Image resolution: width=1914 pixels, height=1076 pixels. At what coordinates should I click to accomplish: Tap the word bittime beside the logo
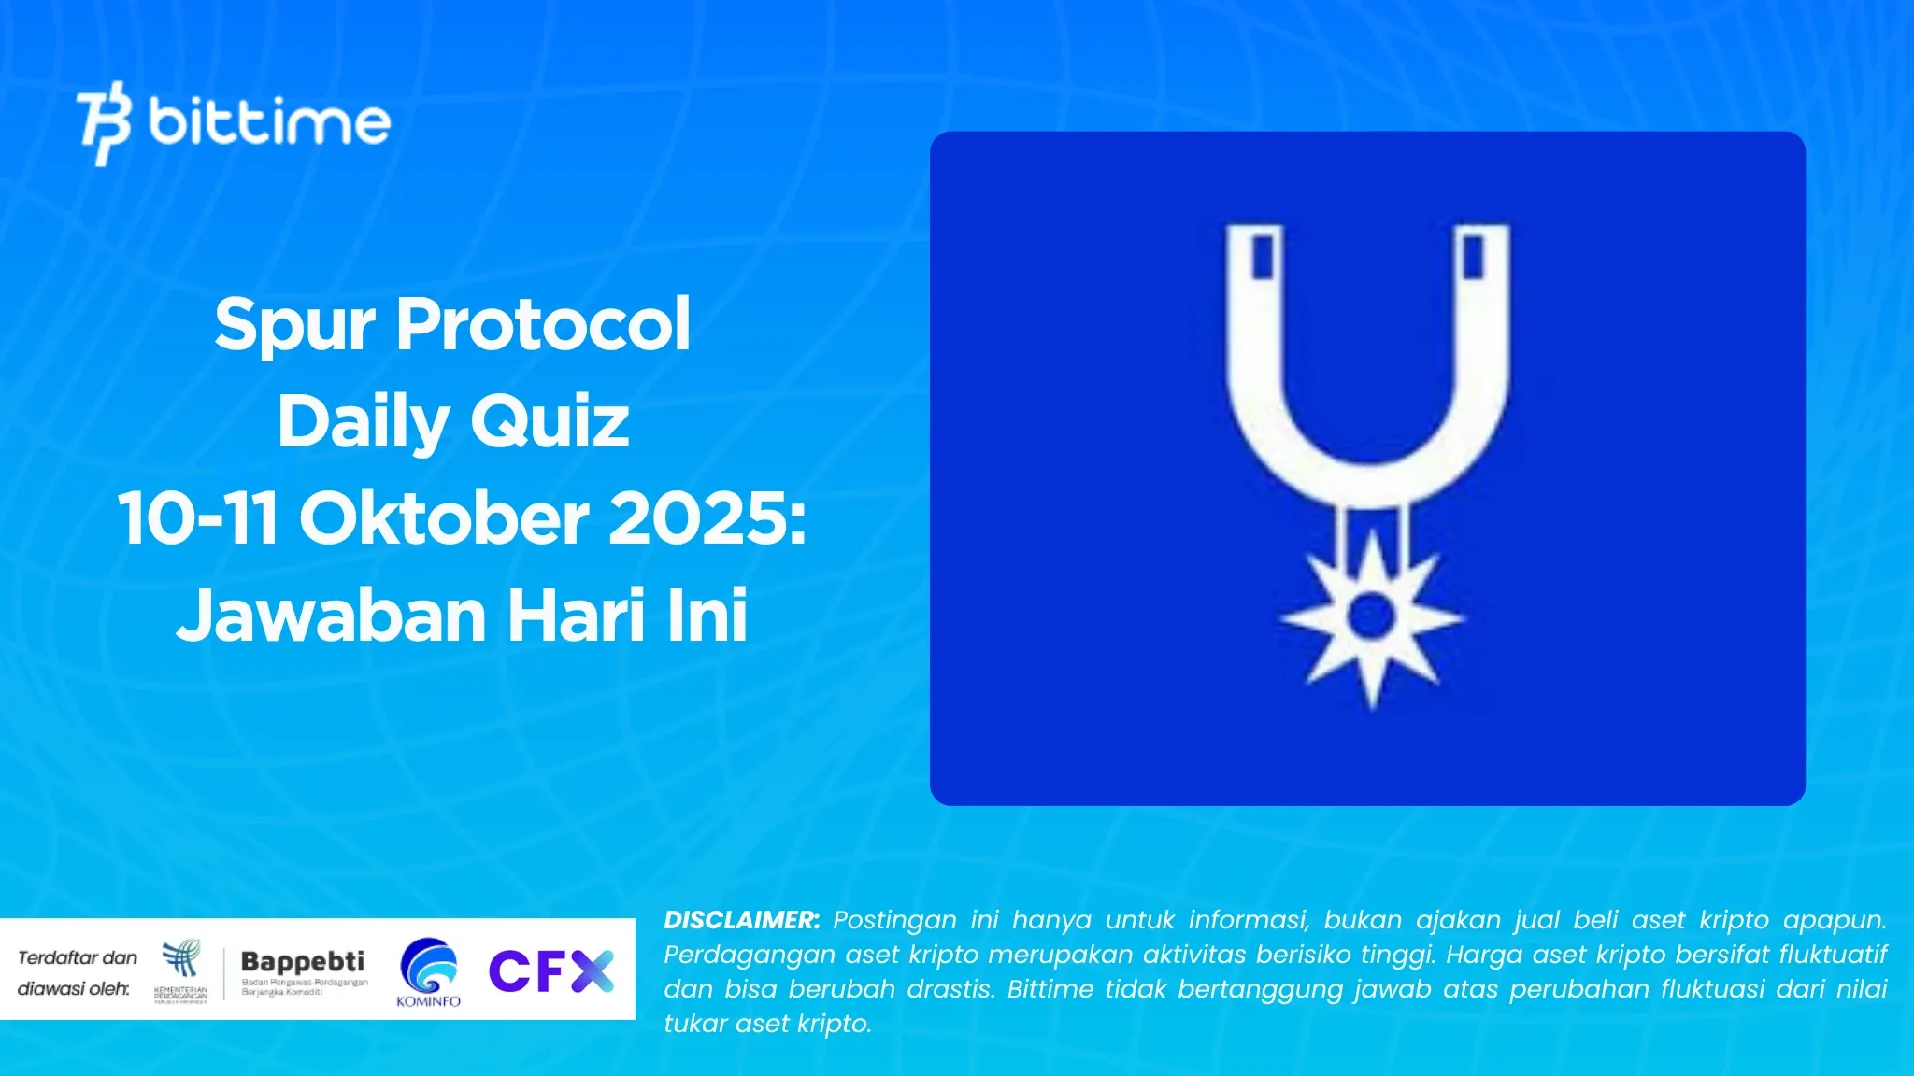click(x=269, y=121)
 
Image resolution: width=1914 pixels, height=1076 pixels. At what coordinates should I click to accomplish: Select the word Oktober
click(x=444, y=518)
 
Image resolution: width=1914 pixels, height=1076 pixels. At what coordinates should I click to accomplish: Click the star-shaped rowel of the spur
click(x=1371, y=617)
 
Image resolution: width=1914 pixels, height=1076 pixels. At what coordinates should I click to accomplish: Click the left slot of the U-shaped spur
click(x=1263, y=256)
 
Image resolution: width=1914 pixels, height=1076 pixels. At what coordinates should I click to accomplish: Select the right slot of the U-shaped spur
click(x=1474, y=256)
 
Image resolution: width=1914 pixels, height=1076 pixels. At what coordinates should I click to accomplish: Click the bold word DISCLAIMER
click(x=741, y=920)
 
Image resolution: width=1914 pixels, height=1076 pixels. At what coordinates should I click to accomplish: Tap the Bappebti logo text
click(x=303, y=961)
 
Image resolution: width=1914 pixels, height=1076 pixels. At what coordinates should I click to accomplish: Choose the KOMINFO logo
click(x=428, y=971)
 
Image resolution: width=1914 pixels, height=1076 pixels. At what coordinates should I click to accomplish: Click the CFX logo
click(x=551, y=970)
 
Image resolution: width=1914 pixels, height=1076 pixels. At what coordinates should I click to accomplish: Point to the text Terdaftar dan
click(x=78, y=957)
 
